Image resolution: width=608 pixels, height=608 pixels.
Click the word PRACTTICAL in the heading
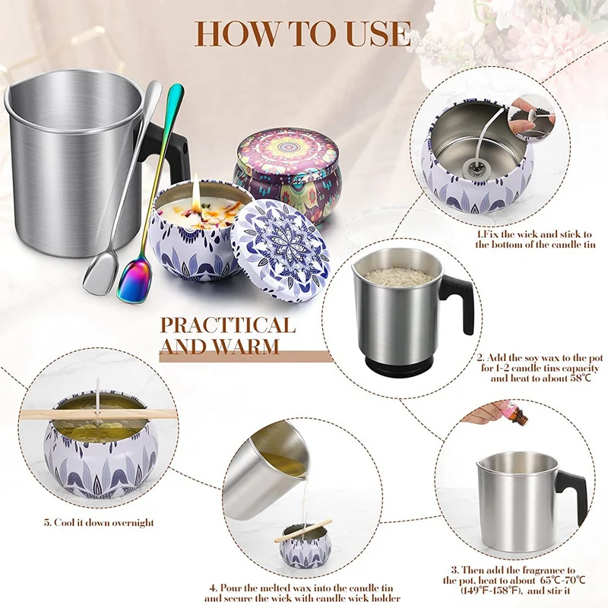point(228,326)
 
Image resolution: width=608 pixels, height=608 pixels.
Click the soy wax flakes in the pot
point(398,275)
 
